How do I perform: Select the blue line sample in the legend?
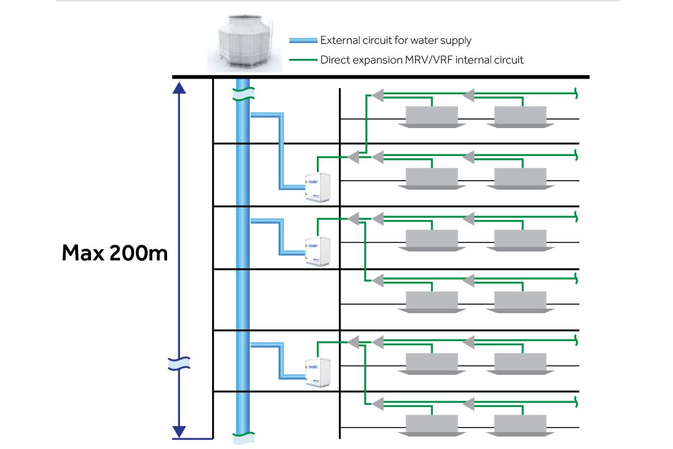(303, 40)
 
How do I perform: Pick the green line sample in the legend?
(303, 59)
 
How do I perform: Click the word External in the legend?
(338, 40)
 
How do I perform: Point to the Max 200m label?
(114, 253)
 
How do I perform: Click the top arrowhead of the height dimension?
(179, 86)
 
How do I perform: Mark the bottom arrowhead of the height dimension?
(179, 432)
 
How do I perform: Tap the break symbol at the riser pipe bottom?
(243, 434)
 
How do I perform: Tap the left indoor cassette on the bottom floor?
(431, 425)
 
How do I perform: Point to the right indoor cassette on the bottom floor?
(520, 425)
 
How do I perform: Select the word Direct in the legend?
(334, 59)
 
